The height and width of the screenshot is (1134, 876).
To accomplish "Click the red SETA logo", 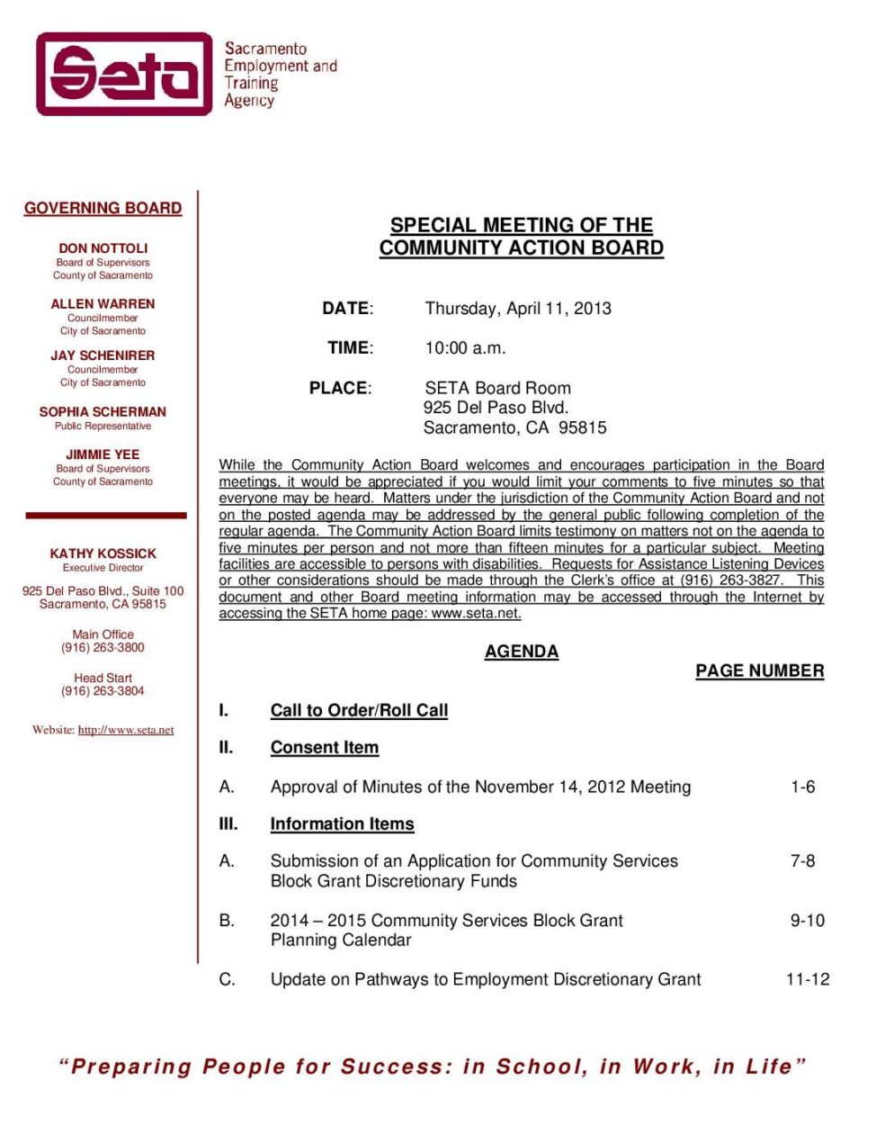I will pos(124,74).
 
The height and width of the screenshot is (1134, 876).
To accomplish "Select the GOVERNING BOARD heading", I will pos(103,208).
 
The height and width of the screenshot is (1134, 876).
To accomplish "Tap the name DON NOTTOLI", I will pos(103,248).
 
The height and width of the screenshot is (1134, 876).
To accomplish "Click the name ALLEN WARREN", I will pos(103,304).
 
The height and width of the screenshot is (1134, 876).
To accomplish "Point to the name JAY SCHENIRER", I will pos(103,355).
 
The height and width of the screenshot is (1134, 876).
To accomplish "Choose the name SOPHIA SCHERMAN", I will pos(103,411).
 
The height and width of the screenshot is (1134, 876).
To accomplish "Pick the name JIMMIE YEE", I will pos(103,454).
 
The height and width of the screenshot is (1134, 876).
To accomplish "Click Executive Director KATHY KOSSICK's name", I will pos(103,553).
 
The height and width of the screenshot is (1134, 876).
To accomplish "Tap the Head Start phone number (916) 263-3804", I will pos(103,691).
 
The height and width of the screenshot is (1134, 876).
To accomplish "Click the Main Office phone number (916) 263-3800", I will pos(103,647).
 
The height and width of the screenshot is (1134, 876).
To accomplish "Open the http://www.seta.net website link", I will pos(126,730).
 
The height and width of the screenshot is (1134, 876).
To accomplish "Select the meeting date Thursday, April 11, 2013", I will pos(518,309).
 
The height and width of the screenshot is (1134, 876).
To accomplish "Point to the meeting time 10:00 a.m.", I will pos(465,348).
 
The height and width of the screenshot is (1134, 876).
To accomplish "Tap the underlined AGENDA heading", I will pos(522,652).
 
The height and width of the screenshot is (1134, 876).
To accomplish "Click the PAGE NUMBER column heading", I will pos(759,670).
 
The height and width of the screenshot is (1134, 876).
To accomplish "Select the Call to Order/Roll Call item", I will pos(359,710).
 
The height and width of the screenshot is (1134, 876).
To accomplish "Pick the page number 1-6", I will pos(803,787).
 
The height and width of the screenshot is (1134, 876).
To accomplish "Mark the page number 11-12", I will pos(808,979).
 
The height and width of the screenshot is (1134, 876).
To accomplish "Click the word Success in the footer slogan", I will pos(396,1066).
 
